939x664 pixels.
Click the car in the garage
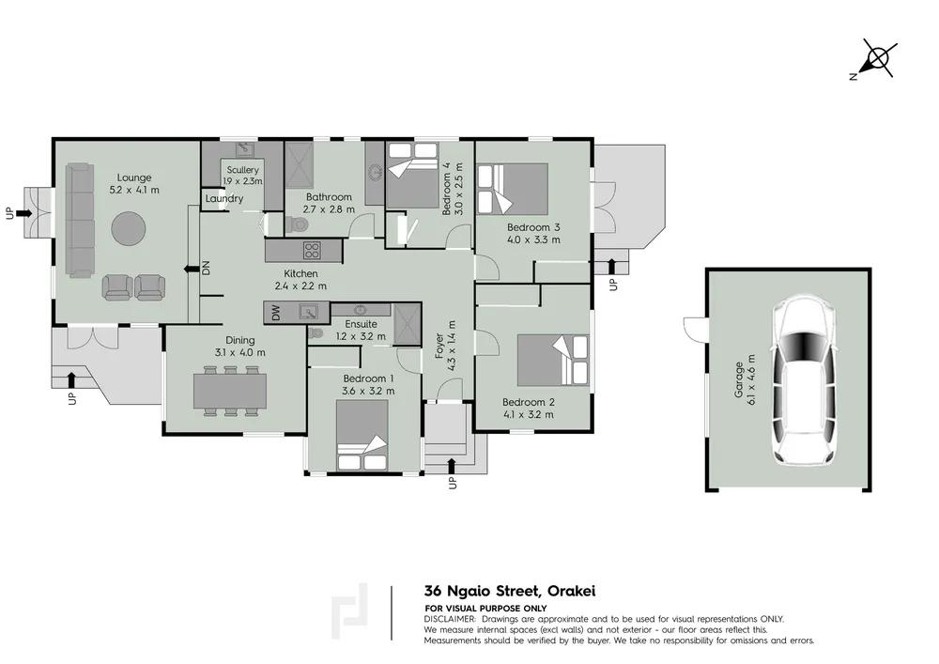pyautogui.click(x=803, y=379)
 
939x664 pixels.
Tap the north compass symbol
pyautogui.click(x=876, y=58)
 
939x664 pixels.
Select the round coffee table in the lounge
pyautogui.click(x=128, y=228)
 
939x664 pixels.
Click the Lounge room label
pyautogui.click(x=134, y=178)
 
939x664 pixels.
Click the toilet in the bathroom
pyautogui.click(x=297, y=224)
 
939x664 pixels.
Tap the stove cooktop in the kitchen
pyautogui.click(x=312, y=250)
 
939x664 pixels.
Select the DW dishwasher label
pyautogui.click(x=275, y=313)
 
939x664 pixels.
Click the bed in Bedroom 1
pyautogui.click(x=362, y=435)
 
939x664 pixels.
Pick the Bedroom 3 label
pyautogui.click(x=533, y=227)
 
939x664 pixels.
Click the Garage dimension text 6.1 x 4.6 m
pyautogui.click(x=751, y=379)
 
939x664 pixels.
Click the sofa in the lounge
pyautogui.click(x=80, y=221)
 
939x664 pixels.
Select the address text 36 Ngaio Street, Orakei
pyautogui.click(x=510, y=592)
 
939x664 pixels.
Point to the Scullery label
pyautogui.click(x=242, y=170)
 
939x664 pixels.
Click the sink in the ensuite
pyautogui.click(x=361, y=310)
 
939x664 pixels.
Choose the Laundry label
pyautogui.click(x=224, y=198)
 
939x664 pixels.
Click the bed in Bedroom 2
pyautogui.click(x=553, y=360)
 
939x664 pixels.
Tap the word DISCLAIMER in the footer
pyautogui.click(x=450, y=619)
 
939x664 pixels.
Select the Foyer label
pyautogui.click(x=439, y=346)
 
